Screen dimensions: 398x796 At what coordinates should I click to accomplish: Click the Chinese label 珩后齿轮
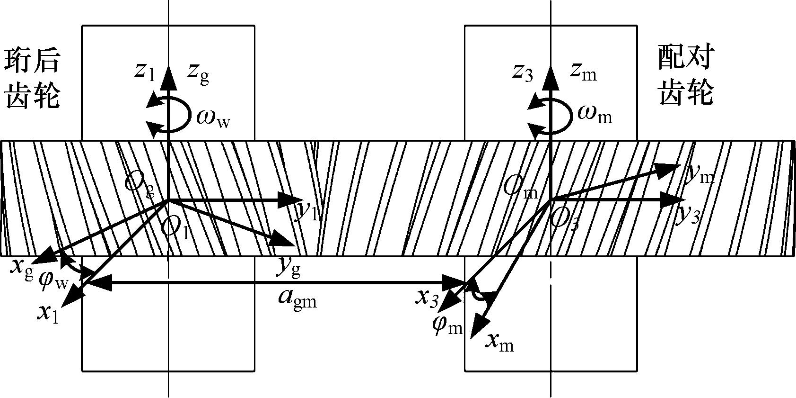tap(32, 79)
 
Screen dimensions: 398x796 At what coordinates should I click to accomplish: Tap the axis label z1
tap(144, 72)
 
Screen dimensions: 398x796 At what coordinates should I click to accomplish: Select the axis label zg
tap(198, 73)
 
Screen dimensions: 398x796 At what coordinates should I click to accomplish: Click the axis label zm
tap(583, 72)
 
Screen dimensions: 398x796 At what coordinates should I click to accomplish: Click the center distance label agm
tap(297, 299)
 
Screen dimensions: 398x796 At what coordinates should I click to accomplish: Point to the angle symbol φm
tap(447, 326)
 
